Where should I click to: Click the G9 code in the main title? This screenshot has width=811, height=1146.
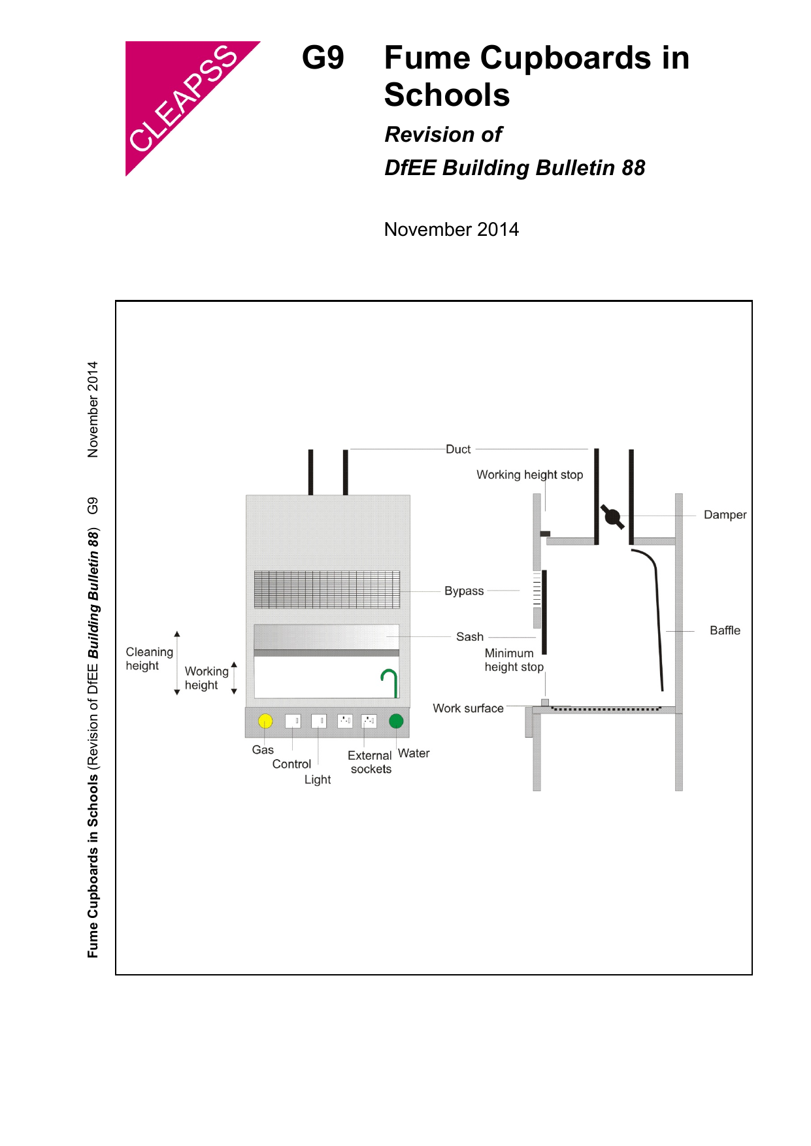(323, 58)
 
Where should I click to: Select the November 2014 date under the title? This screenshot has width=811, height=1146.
(451, 229)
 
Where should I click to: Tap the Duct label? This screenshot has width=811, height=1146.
(458, 450)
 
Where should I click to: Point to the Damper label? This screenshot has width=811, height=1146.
(725, 515)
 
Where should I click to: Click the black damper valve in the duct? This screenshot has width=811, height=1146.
(612, 517)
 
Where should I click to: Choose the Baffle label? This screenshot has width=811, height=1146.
(725, 630)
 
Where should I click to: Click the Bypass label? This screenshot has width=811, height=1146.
(464, 591)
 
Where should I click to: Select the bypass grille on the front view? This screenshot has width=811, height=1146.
(327, 589)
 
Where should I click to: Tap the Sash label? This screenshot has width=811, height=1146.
(470, 636)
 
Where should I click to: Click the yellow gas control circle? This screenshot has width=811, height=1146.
(265, 721)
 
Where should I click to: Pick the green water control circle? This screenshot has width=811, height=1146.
(396, 721)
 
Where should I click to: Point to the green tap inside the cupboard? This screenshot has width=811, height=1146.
(390, 682)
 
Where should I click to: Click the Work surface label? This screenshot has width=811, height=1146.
(468, 708)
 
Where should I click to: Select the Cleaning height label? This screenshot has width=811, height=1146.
(149, 659)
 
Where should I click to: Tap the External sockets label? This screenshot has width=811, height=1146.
(370, 762)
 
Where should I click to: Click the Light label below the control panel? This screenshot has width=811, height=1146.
(318, 779)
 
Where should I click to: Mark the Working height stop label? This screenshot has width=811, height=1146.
(529, 475)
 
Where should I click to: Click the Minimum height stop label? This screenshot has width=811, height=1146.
(514, 660)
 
